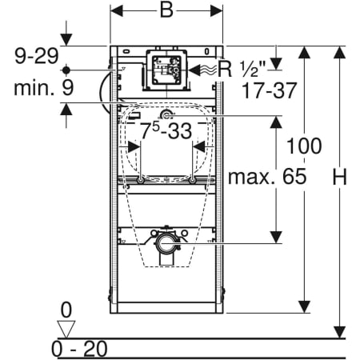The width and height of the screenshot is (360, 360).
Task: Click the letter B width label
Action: [166, 11]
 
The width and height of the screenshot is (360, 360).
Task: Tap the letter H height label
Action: [339, 177]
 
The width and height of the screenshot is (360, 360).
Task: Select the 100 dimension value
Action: [304, 146]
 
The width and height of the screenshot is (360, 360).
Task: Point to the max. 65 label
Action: [267, 177]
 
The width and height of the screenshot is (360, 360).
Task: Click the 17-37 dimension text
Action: [269, 90]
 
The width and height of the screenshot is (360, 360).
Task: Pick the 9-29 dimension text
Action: [37, 56]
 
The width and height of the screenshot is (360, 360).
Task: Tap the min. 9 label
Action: [43, 88]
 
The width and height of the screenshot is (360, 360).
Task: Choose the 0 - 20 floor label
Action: [79, 349]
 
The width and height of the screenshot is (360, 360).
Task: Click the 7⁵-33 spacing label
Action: [166, 130]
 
